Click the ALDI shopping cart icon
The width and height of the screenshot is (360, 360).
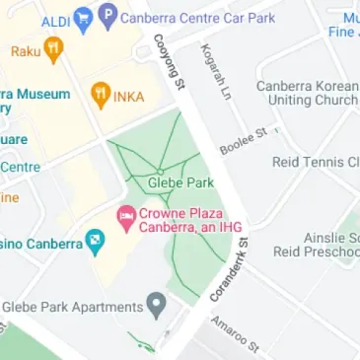pos(84,17)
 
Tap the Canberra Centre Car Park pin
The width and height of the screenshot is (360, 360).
pos(108,16)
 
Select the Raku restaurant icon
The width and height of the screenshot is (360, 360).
pos(53,47)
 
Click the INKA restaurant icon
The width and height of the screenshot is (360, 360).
pos(100,96)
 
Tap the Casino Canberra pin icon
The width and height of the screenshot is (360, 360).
pos(95,240)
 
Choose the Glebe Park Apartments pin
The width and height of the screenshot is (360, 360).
pos(155,303)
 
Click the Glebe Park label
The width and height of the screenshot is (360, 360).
pos(180,182)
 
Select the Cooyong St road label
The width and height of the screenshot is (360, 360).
pos(169,64)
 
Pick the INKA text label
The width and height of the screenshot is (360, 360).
pos(128,97)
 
